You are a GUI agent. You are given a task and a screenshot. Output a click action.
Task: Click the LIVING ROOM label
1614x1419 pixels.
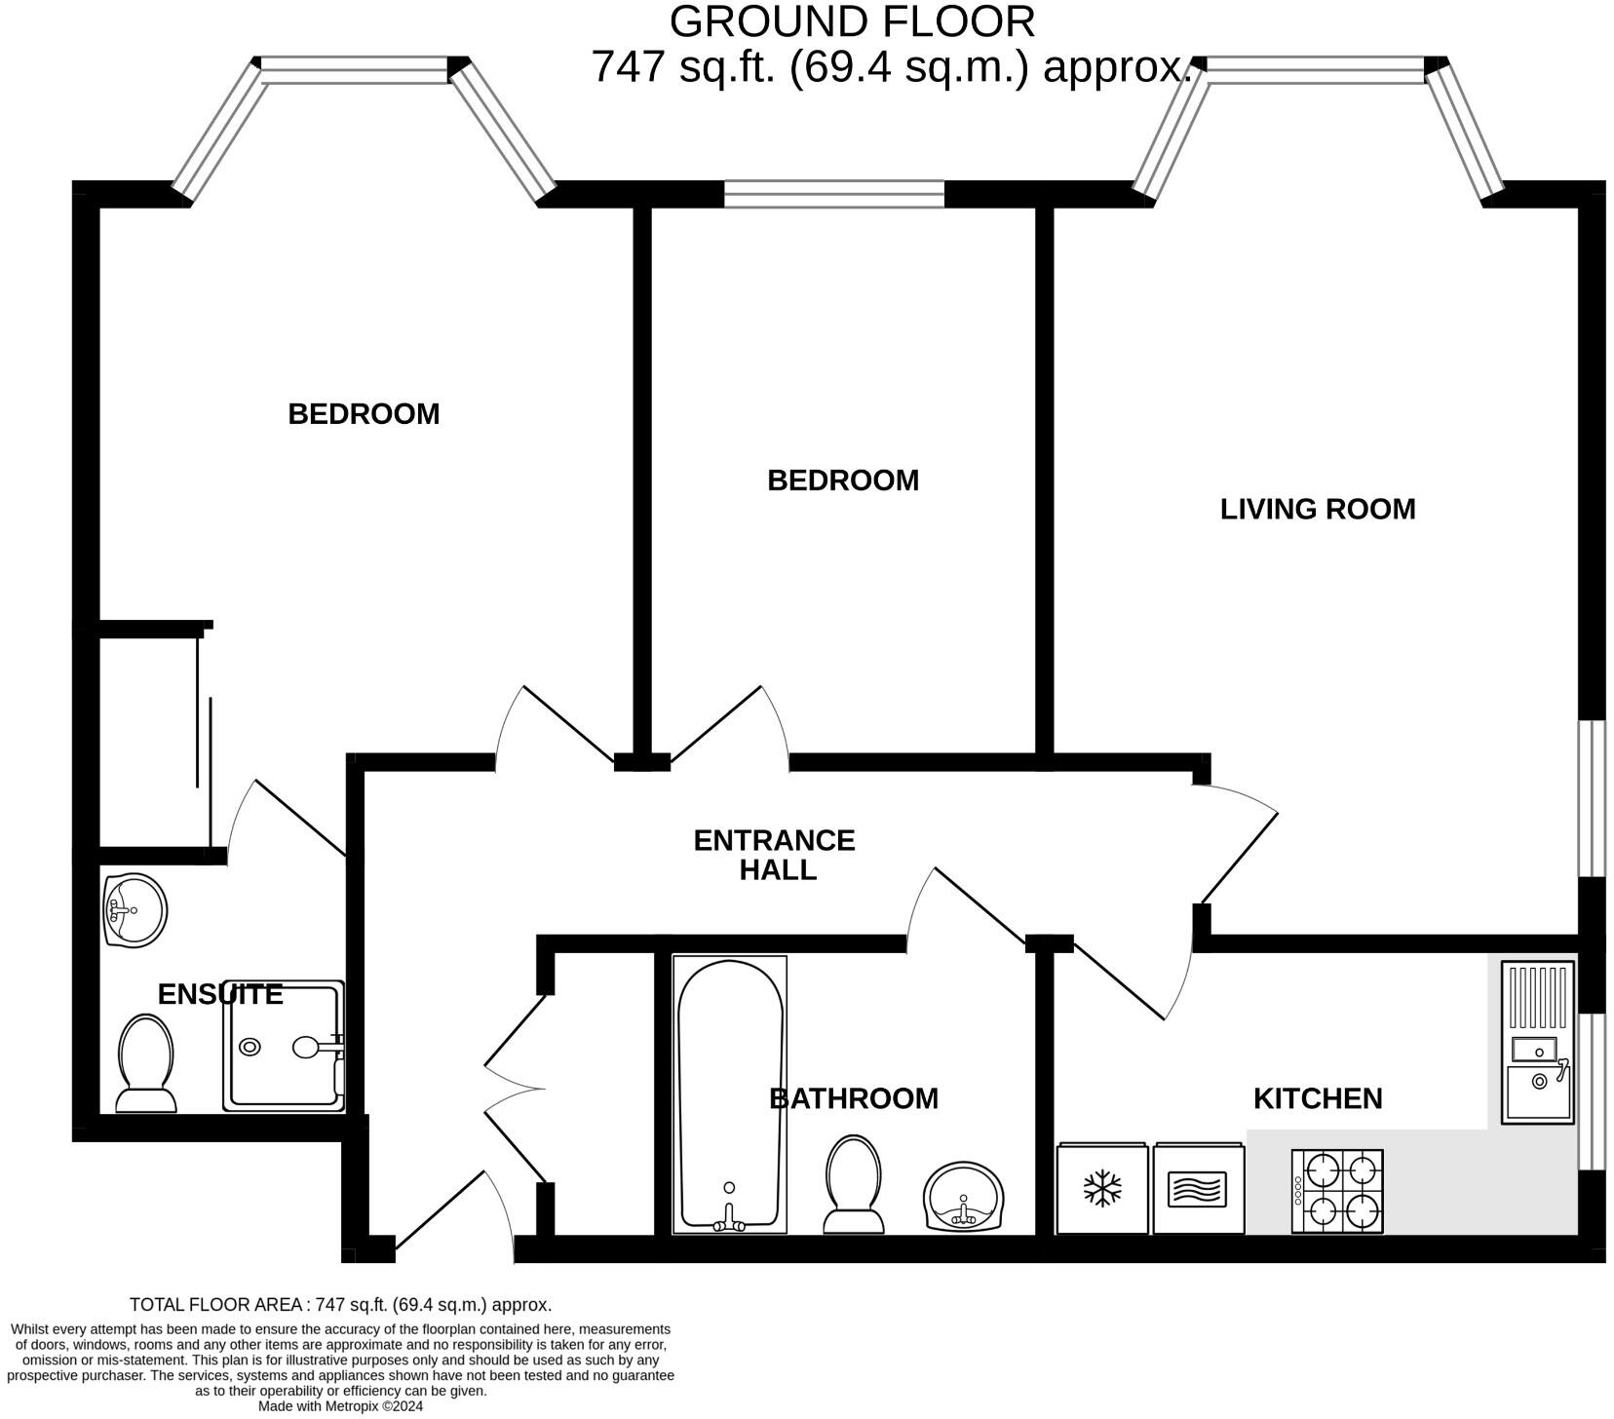[x=1317, y=509]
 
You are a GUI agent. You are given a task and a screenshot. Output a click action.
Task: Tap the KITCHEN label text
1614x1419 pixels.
[x=1317, y=1098]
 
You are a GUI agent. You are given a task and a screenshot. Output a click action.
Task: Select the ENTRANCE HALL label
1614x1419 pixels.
[x=775, y=855]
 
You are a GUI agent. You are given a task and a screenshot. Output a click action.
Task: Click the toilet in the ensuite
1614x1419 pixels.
[x=146, y=1063]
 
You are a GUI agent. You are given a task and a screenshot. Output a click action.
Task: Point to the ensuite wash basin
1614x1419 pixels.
[x=134, y=910]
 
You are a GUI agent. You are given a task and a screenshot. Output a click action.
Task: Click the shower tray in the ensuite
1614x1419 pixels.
[x=283, y=1046]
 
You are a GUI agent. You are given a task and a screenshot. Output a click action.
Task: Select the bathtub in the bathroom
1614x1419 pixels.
[x=729, y=1093]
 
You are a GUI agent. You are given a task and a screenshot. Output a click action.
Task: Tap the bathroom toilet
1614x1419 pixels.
[x=854, y=1184]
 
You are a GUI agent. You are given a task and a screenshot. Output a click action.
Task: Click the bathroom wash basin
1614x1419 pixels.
[x=963, y=1197]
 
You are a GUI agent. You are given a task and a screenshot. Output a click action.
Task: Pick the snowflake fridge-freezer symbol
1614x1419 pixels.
[x=1102, y=1188]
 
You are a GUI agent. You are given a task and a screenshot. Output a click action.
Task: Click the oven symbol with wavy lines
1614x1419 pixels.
[x=1198, y=1188]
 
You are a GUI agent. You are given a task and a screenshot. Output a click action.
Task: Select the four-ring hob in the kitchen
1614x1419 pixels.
[x=1336, y=1190]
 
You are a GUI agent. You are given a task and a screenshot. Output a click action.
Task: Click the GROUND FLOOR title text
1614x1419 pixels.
[x=852, y=21]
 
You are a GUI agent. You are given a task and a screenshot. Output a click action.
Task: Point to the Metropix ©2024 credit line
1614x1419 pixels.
[x=340, y=1406]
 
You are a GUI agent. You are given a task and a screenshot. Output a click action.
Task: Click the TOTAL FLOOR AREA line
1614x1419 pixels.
[x=340, y=1304]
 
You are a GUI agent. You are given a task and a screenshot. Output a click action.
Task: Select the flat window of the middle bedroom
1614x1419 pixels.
[x=834, y=194]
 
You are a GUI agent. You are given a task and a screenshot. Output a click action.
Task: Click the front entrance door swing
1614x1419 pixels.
[x=454, y=1213]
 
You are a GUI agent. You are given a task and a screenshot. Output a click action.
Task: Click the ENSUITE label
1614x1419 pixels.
[x=220, y=994]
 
